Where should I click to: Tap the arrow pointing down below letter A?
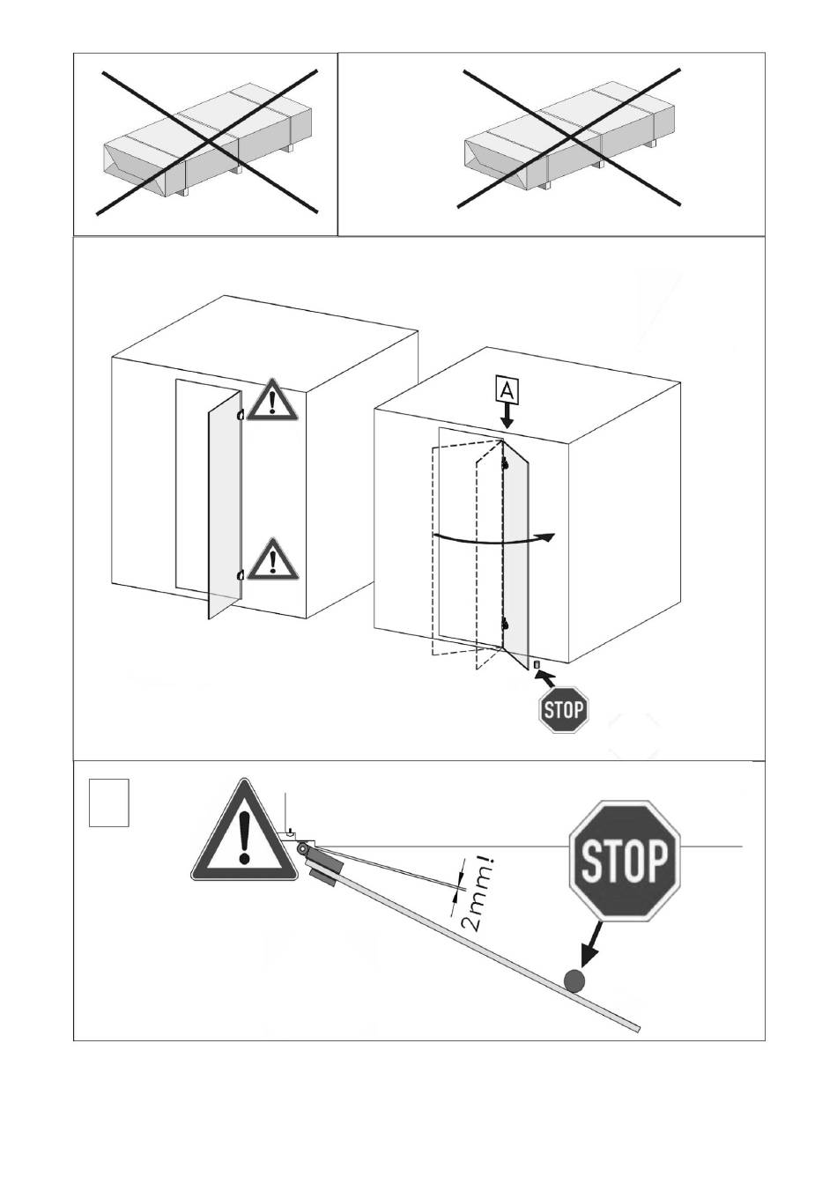point(507,417)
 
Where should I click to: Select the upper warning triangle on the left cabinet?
point(273,401)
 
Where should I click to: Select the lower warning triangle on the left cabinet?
point(273,559)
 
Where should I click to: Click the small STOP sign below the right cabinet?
point(564,709)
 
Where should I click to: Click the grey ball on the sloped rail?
point(574,980)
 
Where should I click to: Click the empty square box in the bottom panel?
point(109,803)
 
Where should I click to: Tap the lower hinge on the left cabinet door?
point(241,574)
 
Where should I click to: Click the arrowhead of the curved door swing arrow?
point(548,537)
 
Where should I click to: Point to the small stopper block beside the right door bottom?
point(537,664)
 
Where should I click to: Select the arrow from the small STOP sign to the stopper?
point(545,677)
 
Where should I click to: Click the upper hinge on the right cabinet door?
point(504,464)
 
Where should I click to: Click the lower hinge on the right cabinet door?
point(504,623)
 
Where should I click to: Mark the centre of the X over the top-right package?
point(569,137)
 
